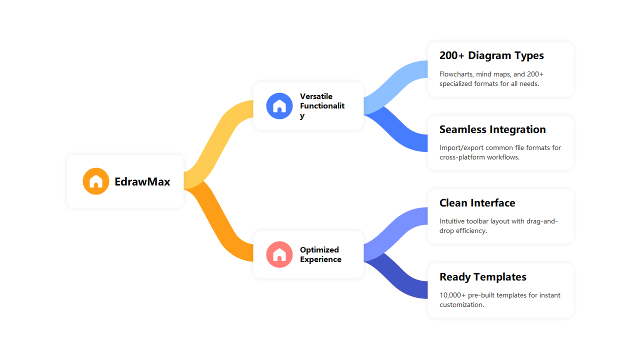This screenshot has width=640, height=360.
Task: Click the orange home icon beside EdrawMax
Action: point(96,181)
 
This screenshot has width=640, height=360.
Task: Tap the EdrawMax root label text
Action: point(142,181)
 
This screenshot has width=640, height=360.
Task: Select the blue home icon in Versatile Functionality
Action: point(279,106)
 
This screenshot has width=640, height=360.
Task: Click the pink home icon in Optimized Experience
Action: point(279,254)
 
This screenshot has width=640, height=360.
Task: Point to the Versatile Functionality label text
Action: point(322,105)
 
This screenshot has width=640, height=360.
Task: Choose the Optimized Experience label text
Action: point(320,254)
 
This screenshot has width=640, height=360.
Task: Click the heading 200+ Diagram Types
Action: point(491,55)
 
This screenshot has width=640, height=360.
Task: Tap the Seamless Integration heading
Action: point(492,129)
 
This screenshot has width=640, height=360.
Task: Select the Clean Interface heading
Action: point(477,203)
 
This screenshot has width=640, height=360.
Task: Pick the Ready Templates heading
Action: point(482,277)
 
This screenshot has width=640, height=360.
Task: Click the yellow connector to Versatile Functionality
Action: point(217,140)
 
